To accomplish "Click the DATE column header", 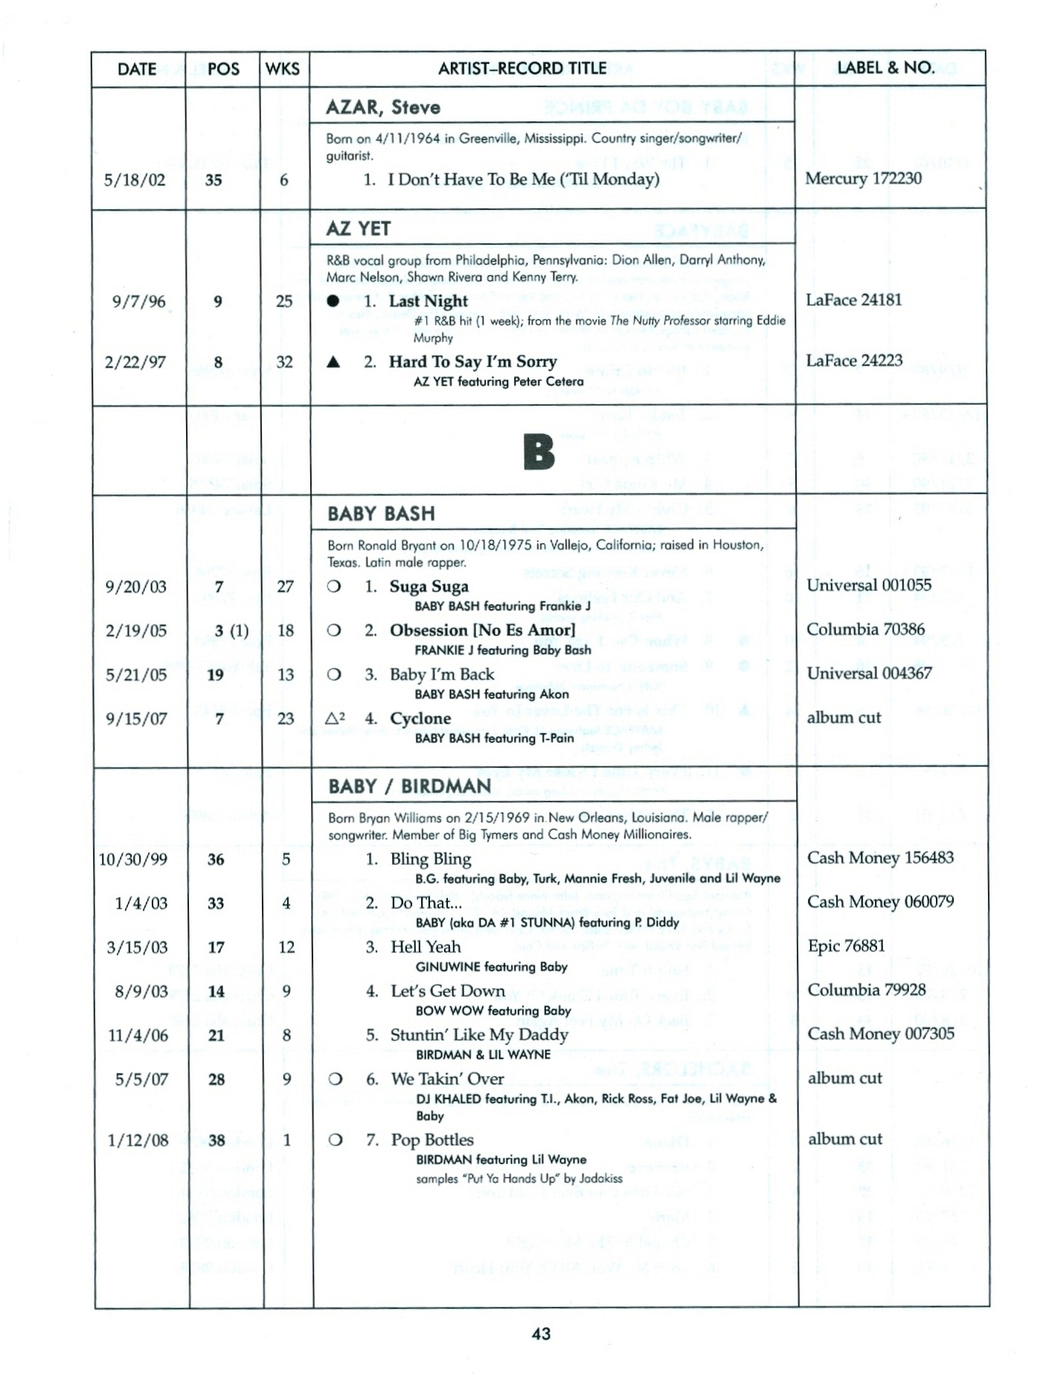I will pos(137,69).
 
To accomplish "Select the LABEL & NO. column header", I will pos(885,68).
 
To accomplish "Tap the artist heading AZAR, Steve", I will pos(383,107).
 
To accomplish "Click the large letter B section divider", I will pos(539,453).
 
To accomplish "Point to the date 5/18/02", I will pos(135,180).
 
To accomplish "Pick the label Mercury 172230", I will pos(863,179).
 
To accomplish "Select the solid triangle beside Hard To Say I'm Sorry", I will pos(334,362).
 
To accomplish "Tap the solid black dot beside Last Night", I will pos(333,301).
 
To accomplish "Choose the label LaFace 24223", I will pos(854,361).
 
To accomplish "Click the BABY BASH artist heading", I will pos(381,514).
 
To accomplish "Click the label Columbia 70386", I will pos(865,630).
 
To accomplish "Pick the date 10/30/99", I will pos(133,860).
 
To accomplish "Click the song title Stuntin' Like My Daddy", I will pos(479,1035).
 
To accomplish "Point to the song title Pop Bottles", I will pos(432,1140).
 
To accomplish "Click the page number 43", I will pos(541,1334).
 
